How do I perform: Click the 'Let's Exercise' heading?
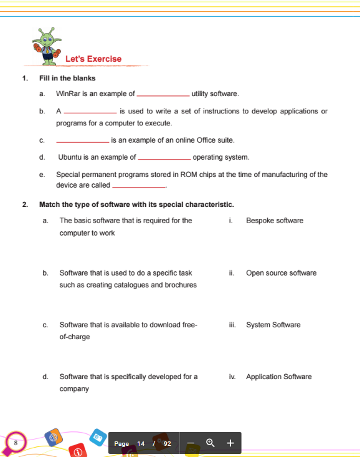click(x=93, y=59)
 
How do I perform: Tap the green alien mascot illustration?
click(x=48, y=45)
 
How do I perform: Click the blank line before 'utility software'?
click(x=163, y=95)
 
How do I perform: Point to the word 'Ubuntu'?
click(x=70, y=157)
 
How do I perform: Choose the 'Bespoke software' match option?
click(x=275, y=221)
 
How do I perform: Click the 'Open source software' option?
click(x=281, y=273)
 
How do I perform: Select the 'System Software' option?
click(x=273, y=325)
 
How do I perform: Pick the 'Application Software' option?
click(x=278, y=377)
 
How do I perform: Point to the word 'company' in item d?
click(x=74, y=388)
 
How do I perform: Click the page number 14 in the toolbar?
click(x=141, y=443)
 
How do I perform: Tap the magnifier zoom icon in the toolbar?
click(x=211, y=443)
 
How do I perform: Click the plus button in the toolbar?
click(x=230, y=443)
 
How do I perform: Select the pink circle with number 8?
click(x=14, y=442)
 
